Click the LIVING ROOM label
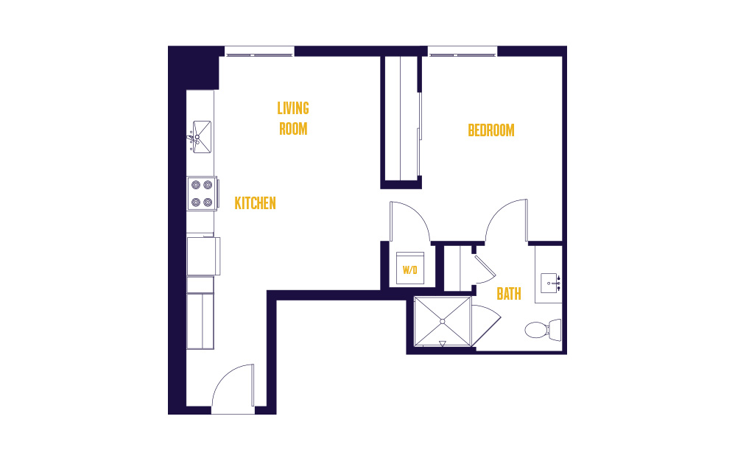point(293,119)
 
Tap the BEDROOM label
point(490,130)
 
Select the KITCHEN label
point(255,203)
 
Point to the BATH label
point(509,294)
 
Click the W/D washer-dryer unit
point(410,268)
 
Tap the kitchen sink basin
point(202,137)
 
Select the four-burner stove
point(203,194)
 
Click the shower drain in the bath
point(443,321)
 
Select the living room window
point(259,51)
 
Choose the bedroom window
point(463,51)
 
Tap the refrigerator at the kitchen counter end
point(200,321)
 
